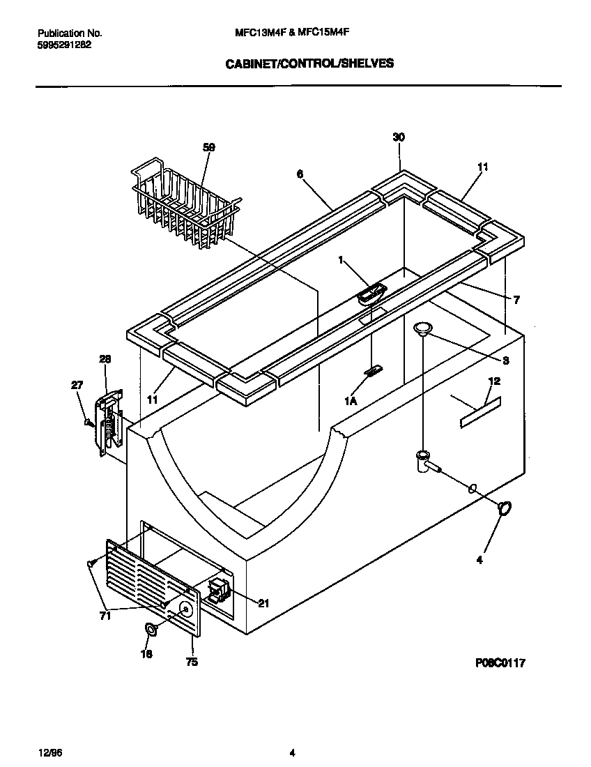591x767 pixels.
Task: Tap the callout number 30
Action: [x=399, y=138]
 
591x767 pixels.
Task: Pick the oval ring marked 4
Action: [x=505, y=509]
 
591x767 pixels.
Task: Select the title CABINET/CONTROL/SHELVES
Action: [x=309, y=63]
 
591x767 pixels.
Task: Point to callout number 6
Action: [x=300, y=174]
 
